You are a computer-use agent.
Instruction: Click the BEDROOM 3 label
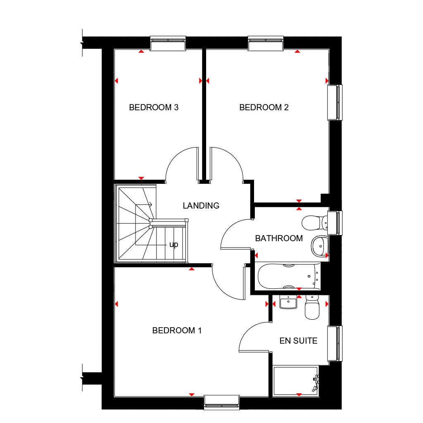pos(154,108)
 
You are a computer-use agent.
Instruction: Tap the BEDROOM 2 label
pos(264,108)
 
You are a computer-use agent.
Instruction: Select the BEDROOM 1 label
pos(177,330)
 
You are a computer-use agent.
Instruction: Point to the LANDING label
pos(201,205)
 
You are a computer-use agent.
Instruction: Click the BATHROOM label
pos(279,238)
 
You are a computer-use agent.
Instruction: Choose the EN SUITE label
pos(298,341)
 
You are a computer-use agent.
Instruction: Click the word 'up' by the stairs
pos(174,245)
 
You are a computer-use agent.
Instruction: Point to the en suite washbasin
pos(288,303)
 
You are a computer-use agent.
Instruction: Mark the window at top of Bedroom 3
pos(168,43)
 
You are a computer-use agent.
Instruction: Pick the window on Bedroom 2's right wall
pos(335,102)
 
